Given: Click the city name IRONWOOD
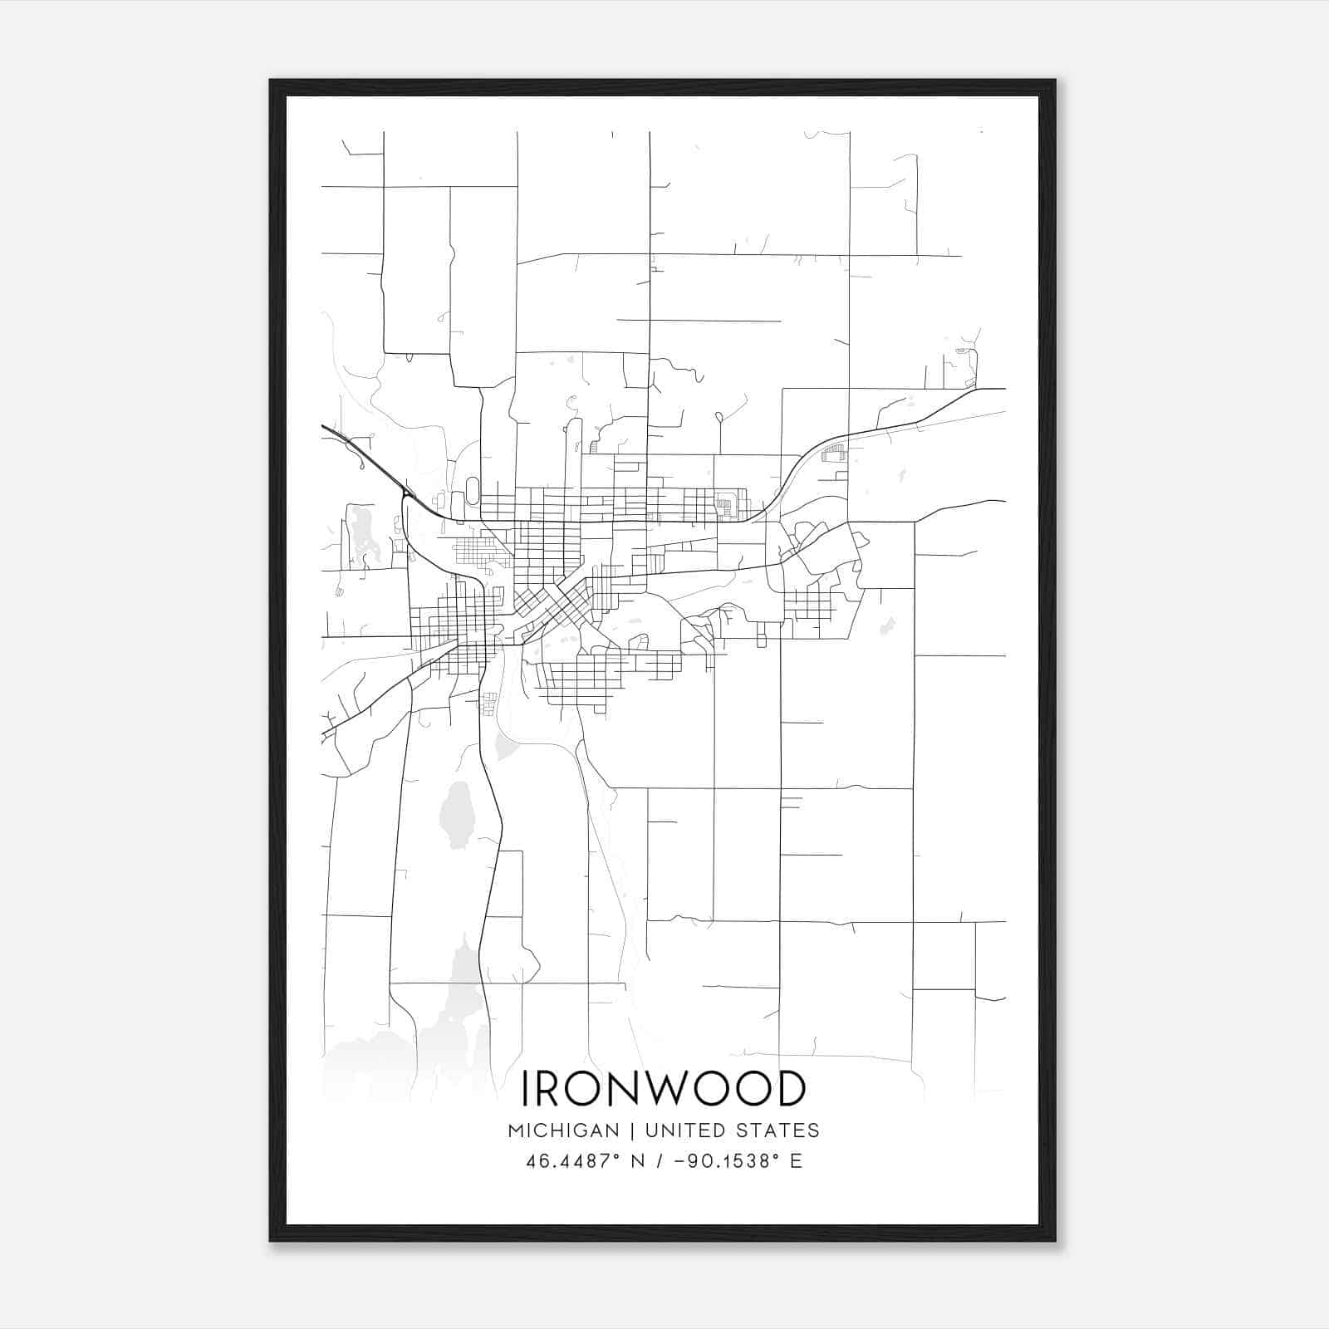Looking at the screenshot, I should [663, 1089].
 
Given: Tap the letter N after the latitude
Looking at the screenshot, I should [639, 1161].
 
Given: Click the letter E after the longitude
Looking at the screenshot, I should [796, 1161].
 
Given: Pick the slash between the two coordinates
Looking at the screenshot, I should [659, 1161].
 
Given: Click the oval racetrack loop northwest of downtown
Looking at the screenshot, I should [473, 490].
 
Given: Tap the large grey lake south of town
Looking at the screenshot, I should [455, 815].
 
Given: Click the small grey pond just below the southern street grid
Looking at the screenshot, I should [505, 745].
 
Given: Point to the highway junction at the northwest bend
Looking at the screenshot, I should [406, 495].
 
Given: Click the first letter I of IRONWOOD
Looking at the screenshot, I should [525, 1089].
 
